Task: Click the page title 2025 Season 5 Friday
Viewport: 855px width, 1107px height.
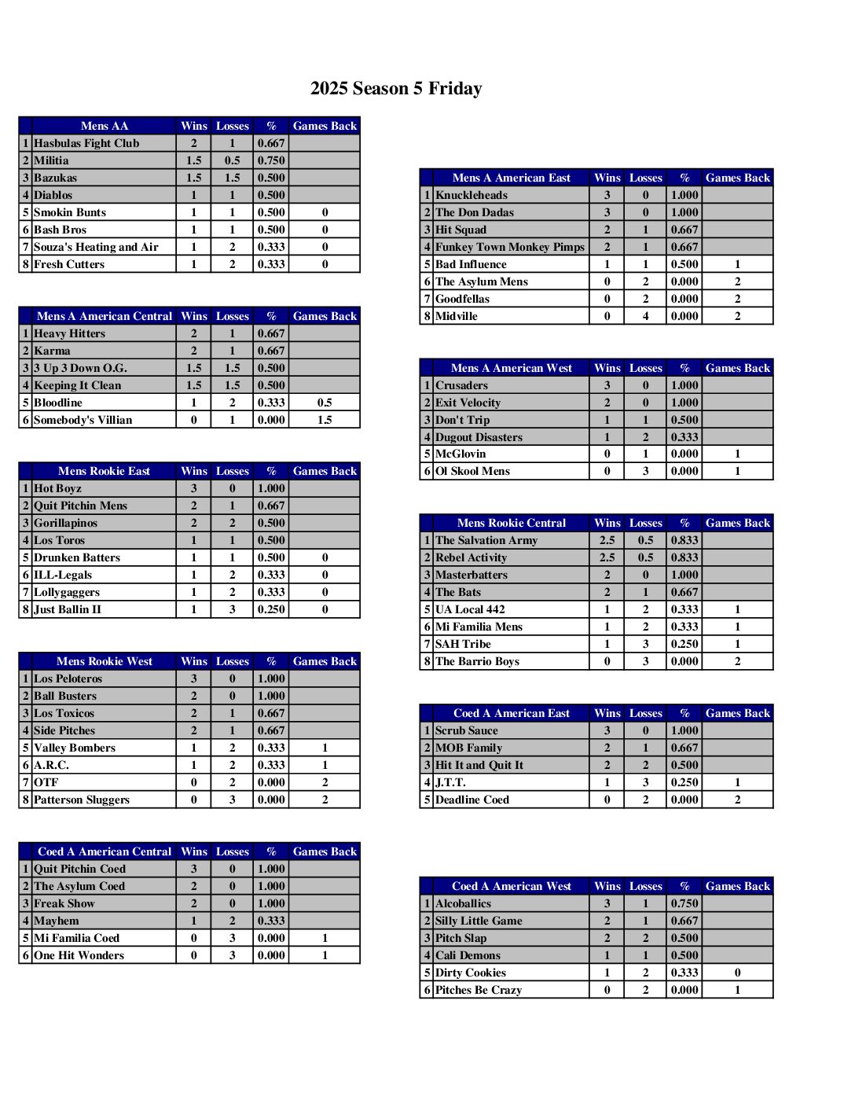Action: coord(396,88)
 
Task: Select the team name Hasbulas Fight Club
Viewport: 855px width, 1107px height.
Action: coord(86,143)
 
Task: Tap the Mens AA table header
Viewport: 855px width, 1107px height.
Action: coord(104,126)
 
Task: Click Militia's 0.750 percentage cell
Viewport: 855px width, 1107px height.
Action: coord(271,160)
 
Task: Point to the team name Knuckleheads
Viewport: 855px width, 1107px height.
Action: coord(472,195)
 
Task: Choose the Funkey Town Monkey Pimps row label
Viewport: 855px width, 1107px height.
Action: coord(510,247)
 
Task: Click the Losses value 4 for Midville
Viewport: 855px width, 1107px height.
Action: coord(645,316)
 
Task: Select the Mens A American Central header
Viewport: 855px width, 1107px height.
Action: coord(104,316)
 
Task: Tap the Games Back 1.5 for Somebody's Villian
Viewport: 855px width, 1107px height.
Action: coord(325,420)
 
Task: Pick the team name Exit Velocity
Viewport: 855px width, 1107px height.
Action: coord(468,403)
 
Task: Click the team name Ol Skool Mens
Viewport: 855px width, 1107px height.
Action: coord(472,471)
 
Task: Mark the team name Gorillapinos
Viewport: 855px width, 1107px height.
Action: coord(65,523)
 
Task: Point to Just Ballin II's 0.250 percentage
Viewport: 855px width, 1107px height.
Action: coord(271,609)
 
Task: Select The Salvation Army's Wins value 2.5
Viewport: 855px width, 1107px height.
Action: coord(607,540)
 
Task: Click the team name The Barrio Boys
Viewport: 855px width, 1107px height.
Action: coord(477,661)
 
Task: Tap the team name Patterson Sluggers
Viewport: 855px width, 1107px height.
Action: coord(82,800)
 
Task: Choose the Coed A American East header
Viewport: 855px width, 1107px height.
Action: coord(512,713)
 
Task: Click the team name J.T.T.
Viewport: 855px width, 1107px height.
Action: coord(450,782)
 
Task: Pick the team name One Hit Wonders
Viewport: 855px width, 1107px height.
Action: coord(79,955)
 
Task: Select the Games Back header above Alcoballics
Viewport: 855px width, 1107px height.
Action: coord(737,886)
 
